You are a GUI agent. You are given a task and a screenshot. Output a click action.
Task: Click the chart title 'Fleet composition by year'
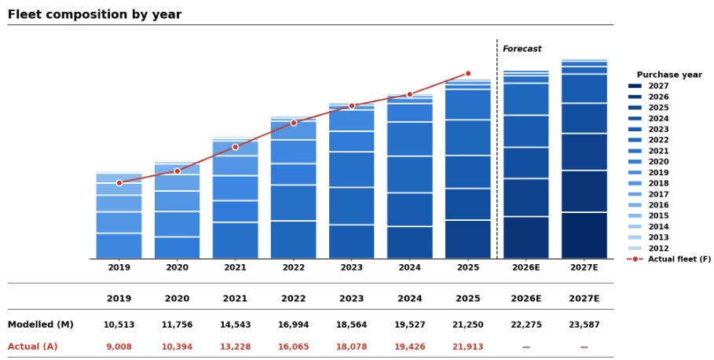click(x=95, y=14)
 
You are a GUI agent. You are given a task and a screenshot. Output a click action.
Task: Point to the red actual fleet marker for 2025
click(x=468, y=73)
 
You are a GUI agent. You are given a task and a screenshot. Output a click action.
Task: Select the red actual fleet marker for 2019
click(x=119, y=182)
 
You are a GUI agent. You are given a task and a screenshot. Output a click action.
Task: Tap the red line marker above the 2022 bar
click(x=294, y=123)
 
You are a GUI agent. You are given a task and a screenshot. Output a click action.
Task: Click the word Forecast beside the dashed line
click(x=522, y=49)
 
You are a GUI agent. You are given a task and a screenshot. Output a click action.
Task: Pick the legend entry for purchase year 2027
click(x=649, y=86)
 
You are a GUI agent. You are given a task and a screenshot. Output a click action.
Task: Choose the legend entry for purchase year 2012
click(x=649, y=248)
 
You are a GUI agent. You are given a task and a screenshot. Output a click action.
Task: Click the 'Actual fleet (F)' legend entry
click(x=669, y=259)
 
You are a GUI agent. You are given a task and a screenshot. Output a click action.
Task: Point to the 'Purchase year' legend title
click(x=669, y=75)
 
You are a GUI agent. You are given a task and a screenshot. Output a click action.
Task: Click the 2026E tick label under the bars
click(x=526, y=267)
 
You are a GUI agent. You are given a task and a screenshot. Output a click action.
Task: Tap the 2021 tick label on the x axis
click(x=236, y=267)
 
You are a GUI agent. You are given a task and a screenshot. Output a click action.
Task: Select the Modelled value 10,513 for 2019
click(x=119, y=325)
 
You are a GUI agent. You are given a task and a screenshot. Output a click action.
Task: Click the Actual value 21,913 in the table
click(x=468, y=347)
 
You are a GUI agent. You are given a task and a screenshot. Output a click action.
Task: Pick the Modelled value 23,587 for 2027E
click(x=584, y=325)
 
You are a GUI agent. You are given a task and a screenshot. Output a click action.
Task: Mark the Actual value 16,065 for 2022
click(x=293, y=347)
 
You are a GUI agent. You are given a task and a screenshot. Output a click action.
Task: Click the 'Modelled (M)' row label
click(x=41, y=325)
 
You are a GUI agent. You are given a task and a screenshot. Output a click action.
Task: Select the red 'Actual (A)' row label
click(x=33, y=347)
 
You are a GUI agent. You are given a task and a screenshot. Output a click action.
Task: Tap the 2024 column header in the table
click(x=410, y=299)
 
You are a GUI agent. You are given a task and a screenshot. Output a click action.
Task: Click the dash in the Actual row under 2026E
click(x=526, y=347)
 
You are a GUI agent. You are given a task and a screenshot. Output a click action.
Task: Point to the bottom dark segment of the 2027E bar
click(x=584, y=236)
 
